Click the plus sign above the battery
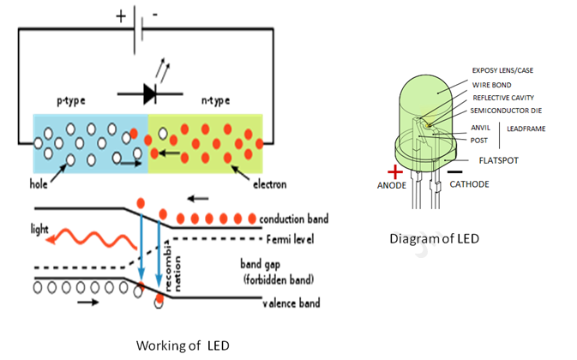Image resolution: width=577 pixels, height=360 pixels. (121, 16)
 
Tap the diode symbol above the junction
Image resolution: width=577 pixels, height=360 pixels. (150, 93)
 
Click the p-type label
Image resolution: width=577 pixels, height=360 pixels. (71, 101)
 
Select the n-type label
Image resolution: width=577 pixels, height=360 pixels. (216, 100)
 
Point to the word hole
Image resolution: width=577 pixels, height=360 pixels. (39, 183)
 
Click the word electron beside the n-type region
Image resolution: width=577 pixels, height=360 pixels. (270, 184)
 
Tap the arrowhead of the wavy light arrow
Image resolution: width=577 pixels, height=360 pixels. (51, 239)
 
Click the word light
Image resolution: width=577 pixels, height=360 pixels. (39, 229)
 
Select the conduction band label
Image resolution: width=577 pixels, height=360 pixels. (294, 219)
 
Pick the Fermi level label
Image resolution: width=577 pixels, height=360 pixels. (290, 239)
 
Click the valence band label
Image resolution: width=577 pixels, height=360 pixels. (292, 303)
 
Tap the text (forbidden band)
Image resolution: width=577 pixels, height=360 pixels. (279, 279)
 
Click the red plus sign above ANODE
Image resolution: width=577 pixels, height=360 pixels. (395, 172)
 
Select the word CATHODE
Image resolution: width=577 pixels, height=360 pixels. (469, 184)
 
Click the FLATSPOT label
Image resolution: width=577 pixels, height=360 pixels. (499, 160)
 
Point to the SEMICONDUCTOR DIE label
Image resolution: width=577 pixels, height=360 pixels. (506, 111)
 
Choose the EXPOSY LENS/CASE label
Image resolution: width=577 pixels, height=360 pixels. (502, 70)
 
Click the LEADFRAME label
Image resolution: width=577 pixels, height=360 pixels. (526, 129)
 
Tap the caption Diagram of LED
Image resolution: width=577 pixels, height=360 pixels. (434, 239)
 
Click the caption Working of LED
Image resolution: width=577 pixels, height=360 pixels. (183, 345)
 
